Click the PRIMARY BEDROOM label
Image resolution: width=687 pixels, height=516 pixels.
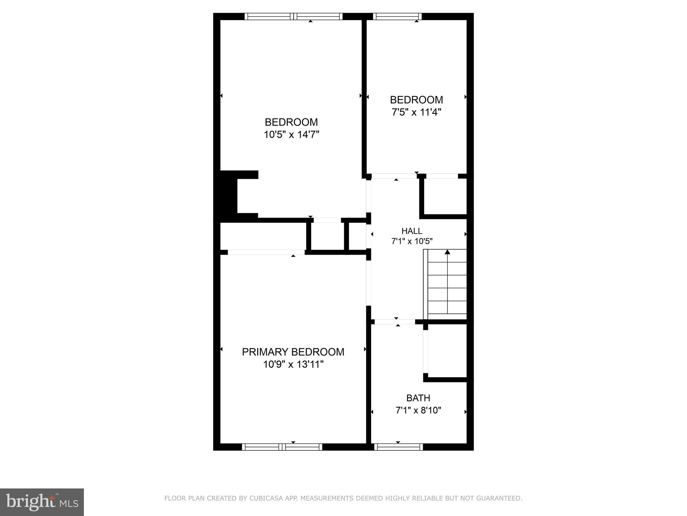point(293,352)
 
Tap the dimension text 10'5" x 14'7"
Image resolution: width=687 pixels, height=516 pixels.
point(291,135)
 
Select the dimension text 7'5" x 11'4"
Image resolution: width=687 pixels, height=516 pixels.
point(416,112)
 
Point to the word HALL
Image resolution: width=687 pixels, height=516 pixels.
point(412,231)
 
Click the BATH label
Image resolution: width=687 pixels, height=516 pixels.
point(418,398)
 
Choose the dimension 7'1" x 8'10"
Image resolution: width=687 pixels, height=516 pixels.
point(418,410)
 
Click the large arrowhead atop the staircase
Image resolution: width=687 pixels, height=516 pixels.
point(447,252)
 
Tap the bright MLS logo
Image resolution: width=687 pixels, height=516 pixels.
point(42,502)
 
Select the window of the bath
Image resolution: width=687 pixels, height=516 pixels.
point(398,447)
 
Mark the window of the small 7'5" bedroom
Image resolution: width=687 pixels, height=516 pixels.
point(397,16)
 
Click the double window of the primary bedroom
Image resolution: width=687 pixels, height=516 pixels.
point(282,447)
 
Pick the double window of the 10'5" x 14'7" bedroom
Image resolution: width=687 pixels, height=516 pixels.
point(294,16)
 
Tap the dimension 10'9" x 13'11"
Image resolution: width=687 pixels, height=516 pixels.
point(293,364)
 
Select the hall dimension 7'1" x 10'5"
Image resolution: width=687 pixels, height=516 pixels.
point(412,241)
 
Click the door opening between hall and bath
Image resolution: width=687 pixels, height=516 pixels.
point(395,322)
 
